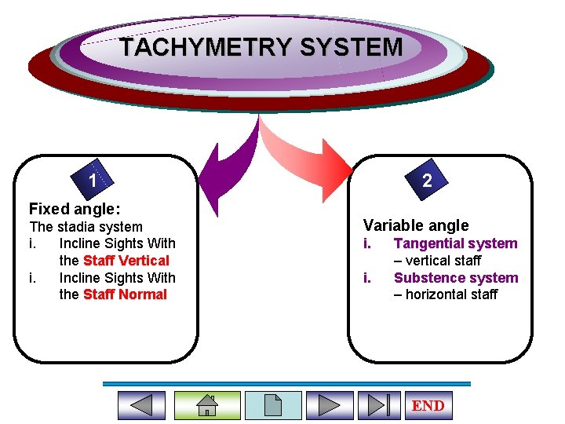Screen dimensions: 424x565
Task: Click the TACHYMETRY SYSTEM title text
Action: pos(261,47)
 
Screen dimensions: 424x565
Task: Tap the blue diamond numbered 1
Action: pos(93,181)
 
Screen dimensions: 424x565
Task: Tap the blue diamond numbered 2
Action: pos(426,181)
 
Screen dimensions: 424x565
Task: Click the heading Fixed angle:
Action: pos(75,209)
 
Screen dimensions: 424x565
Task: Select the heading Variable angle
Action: pos(416,225)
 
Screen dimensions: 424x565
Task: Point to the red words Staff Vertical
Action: pos(126,261)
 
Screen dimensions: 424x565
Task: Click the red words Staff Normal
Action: pos(125,294)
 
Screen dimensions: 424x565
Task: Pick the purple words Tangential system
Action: pos(455,243)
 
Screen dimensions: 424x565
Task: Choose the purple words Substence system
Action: pos(456,277)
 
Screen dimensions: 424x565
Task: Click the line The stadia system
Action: pos(86,227)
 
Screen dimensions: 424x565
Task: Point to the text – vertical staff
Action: pos(437,261)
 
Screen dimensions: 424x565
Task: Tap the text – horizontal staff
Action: pos(445,294)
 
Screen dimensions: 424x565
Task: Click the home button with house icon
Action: pos(206,405)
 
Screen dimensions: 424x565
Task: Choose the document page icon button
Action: pos(273,405)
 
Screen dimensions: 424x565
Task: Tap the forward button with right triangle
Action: pos(330,405)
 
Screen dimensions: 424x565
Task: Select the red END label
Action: pos(428,405)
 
